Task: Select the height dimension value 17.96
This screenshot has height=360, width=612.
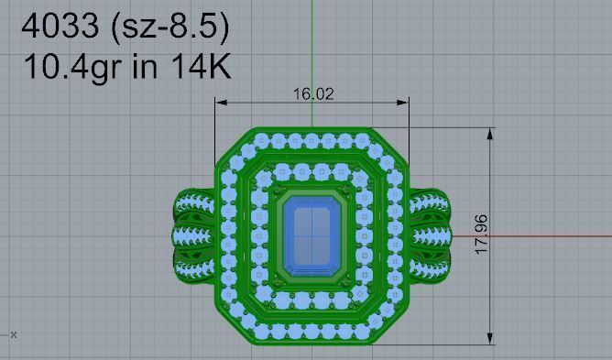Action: coord(483,236)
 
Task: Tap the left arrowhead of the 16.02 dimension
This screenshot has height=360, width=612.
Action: coord(221,102)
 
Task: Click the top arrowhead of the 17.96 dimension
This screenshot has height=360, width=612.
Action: coord(492,133)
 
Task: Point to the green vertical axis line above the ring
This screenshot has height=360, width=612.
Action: coord(312,55)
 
